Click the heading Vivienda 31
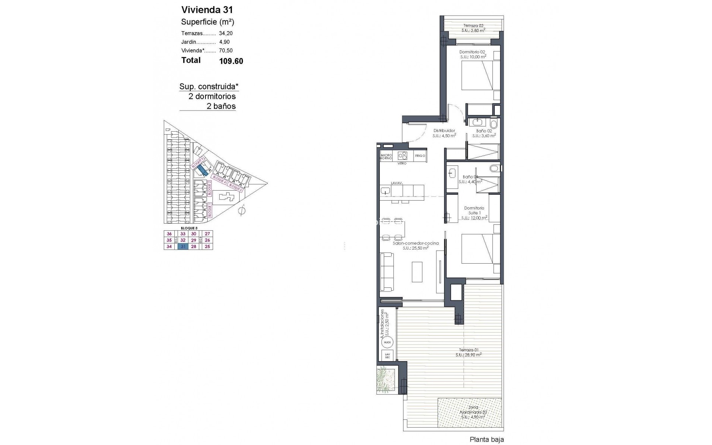(x=207, y=10)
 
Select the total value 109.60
(x=231, y=61)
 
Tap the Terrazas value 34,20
(x=226, y=33)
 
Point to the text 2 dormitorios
(x=212, y=96)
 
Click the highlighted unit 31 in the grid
(x=182, y=247)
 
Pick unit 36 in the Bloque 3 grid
(x=169, y=234)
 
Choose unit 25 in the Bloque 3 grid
(x=207, y=247)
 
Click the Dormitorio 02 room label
(x=472, y=52)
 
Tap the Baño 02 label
(x=484, y=131)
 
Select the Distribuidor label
(x=444, y=131)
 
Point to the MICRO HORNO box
(x=386, y=156)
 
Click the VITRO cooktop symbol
(x=402, y=156)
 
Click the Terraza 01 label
(x=469, y=350)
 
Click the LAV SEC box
(x=387, y=356)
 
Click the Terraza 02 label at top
(x=473, y=26)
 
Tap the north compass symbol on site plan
(x=242, y=211)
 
